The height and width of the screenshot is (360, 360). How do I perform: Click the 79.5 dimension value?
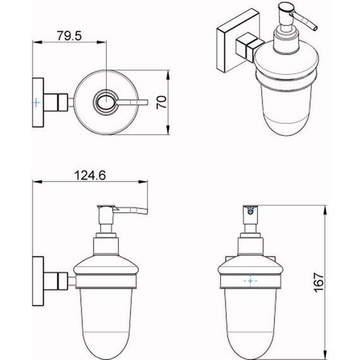(69, 36)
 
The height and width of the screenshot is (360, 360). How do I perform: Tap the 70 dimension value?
(162, 102)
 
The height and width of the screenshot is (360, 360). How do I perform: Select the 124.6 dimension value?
(90, 176)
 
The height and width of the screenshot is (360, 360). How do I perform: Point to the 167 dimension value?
(318, 282)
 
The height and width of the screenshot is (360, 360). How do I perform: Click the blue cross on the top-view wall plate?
(36, 102)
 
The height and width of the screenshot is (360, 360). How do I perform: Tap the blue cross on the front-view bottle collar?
(250, 281)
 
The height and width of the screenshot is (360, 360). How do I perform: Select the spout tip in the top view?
(147, 102)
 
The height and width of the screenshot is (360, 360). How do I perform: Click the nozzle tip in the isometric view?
(315, 28)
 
